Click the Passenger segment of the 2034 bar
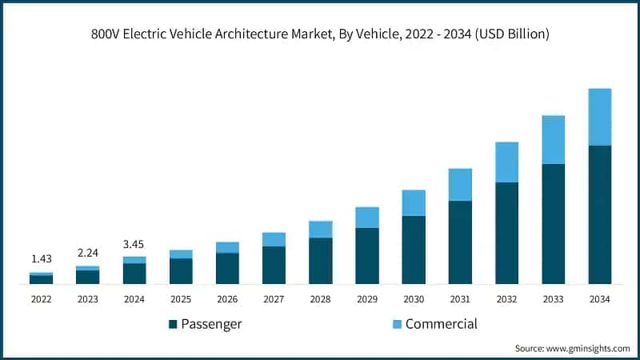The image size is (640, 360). [599, 214]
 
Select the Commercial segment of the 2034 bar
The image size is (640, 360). [599, 117]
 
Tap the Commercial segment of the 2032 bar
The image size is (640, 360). [506, 162]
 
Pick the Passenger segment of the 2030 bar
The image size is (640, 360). [414, 250]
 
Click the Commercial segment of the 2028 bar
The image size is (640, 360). [320, 229]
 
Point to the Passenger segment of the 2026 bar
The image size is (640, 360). [227, 268]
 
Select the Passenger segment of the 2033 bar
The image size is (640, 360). [553, 224]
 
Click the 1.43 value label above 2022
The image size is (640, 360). [41, 259]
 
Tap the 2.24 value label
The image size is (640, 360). [87, 252]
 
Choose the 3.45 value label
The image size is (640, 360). [134, 242]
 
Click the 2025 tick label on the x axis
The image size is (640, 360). [181, 299]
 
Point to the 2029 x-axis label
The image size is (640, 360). [366, 299]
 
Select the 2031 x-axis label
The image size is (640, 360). [460, 299]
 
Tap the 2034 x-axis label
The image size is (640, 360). [599, 299]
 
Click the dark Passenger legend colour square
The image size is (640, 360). [173, 324]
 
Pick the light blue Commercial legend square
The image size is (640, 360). [397, 324]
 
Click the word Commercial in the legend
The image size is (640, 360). [441, 324]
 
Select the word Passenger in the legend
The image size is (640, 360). [211, 324]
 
